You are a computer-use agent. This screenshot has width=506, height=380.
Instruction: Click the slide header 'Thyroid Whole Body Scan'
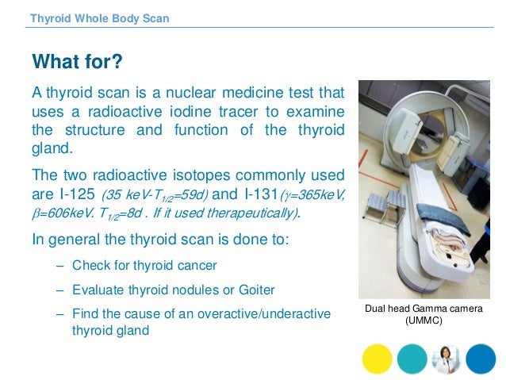click(x=99, y=18)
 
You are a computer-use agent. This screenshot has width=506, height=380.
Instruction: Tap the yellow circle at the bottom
click(x=377, y=359)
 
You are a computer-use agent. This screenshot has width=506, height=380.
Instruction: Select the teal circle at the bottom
click(x=412, y=359)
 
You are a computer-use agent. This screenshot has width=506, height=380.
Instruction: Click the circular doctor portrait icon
click(x=447, y=359)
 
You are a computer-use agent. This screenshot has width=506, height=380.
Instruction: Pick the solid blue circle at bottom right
click(x=481, y=359)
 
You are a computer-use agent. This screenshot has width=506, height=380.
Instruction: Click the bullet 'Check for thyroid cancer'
click(x=144, y=264)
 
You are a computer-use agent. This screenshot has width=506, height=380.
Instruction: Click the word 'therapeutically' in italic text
click(x=263, y=213)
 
